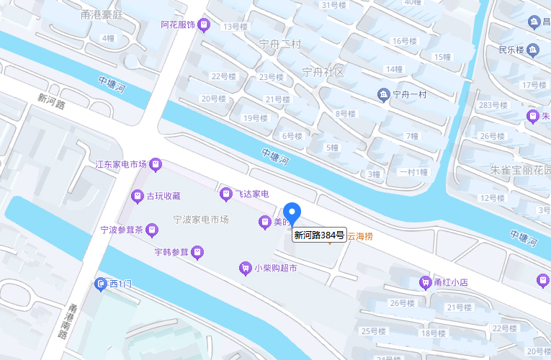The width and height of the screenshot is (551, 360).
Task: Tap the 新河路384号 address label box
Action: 319,235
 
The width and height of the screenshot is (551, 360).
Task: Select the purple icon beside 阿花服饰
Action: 205,25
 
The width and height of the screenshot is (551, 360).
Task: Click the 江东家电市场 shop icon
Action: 156,164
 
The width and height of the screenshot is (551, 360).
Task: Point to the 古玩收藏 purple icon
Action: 137,195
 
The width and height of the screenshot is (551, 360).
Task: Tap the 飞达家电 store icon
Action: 225,194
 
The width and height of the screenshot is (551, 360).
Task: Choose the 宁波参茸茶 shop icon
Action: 152,230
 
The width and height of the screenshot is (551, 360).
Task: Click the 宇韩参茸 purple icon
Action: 198,252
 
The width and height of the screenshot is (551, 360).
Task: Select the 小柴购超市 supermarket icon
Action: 245,269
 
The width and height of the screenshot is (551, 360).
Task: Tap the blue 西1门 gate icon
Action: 101,284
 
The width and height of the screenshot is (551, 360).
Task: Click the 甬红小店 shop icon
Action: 425,282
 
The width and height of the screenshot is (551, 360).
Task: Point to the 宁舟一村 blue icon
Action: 383,94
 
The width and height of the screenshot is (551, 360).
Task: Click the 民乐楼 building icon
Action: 533,50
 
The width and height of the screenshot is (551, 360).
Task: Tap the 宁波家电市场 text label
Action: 201,219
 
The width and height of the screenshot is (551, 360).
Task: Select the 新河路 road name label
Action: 52,100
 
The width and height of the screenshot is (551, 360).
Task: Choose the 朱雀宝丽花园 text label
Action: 520,171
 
